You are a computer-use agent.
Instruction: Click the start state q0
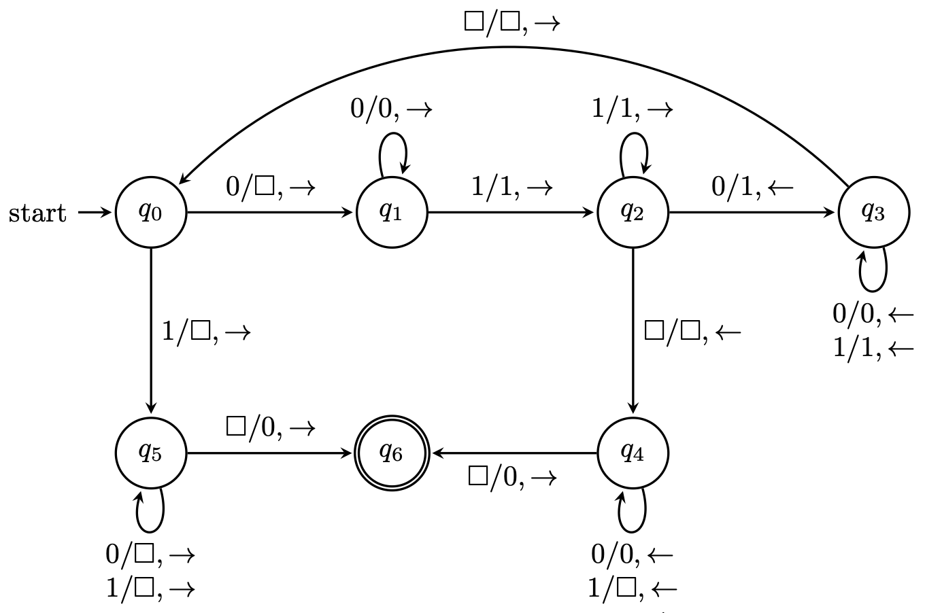click(x=150, y=213)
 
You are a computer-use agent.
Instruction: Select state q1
click(x=392, y=213)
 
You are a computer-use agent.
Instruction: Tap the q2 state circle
click(x=633, y=213)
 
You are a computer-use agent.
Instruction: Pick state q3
click(x=873, y=213)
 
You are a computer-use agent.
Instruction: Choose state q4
click(x=633, y=453)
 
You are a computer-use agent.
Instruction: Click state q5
click(x=150, y=453)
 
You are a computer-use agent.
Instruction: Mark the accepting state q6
click(x=392, y=453)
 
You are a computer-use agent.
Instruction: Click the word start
click(x=37, y=213)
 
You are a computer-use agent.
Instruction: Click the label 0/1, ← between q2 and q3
click(x=752, y=186)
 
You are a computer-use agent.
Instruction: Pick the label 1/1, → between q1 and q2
click(x=512, y=186)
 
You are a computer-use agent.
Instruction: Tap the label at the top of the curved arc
click(x=511, y=22)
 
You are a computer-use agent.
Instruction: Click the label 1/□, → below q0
click(x=206, y=332)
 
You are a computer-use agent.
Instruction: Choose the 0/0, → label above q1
click(x=391, y=109)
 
